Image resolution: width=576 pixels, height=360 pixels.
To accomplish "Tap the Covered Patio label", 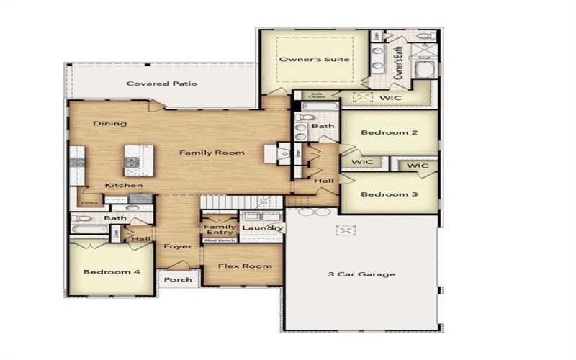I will click(151, 84).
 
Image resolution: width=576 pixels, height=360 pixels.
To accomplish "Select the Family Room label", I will click(212, 153).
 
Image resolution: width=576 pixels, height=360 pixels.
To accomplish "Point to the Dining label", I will click(109, 123).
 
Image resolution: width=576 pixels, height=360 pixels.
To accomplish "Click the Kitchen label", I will click(123, 186).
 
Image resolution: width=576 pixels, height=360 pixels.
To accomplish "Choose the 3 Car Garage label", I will click(361, 274).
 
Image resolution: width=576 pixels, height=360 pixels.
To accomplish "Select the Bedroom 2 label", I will click(390, 132).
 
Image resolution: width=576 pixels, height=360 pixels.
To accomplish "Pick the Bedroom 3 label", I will click(390, 194).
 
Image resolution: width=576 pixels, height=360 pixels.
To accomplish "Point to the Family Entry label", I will click(220, 230).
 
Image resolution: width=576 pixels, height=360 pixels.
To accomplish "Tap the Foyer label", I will click(177, 247).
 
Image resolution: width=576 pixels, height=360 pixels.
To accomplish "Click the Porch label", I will click(178, 280).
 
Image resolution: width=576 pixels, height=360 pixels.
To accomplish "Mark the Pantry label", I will click(89, 203).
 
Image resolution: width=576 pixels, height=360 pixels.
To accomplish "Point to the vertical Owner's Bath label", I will click(398, 61).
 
